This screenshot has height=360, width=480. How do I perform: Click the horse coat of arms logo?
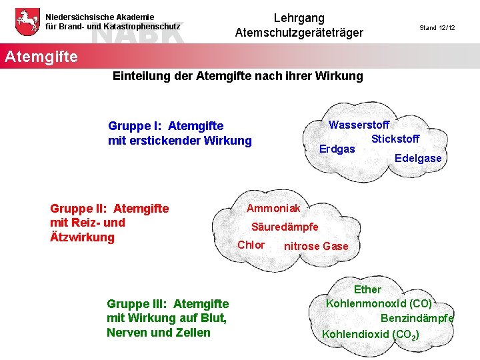[26, 22]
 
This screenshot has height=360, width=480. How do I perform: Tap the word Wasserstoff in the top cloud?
[359, 125]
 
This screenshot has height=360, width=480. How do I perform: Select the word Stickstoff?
[395, 139]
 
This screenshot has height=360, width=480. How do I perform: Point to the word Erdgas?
[337, 149]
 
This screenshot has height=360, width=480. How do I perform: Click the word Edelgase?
[418, 158]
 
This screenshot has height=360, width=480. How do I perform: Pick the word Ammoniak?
[273, 209]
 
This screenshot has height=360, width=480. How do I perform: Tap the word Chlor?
[251, 245]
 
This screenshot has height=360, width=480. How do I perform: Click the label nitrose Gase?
[316, 246]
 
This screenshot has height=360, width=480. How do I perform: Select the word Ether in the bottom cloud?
[367, 289]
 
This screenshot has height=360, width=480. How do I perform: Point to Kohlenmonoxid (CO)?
[379, 303]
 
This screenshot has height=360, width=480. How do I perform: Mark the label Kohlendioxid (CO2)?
[371, 334]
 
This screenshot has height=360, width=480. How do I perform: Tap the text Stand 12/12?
[437, 28]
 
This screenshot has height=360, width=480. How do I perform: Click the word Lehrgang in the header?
[299, 18]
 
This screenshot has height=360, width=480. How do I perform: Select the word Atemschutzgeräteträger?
[299, 33]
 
